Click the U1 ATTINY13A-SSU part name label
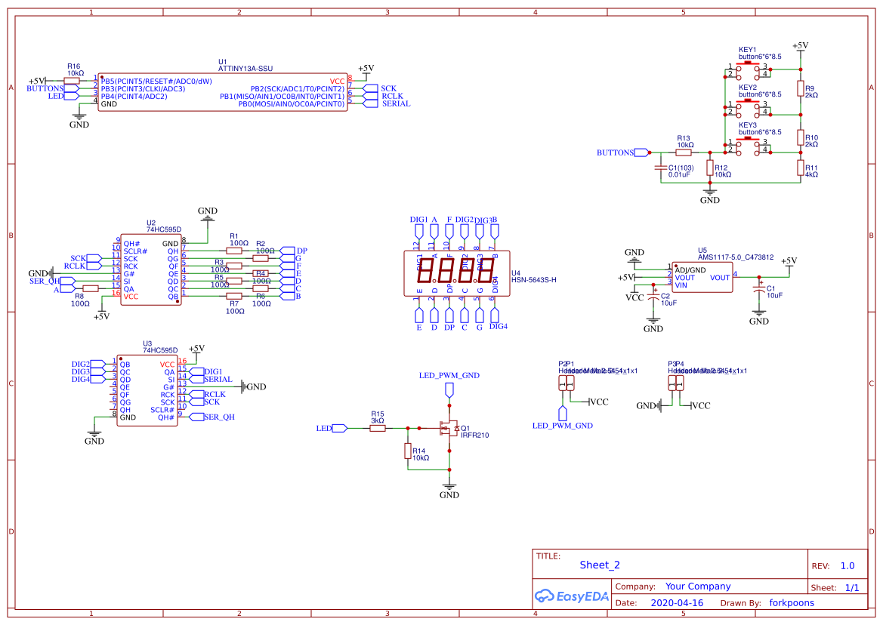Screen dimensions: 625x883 click(245, 68)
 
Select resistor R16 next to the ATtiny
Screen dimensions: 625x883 click(73, 81)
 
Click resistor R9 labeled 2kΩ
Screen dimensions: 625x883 click(800, 90)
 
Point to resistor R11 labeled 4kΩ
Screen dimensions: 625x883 click(800, 168)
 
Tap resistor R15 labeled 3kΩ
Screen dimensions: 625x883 click(378, 428)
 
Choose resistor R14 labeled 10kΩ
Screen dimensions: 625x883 click(408, 451)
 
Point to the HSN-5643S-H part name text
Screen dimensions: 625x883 click(534, 280)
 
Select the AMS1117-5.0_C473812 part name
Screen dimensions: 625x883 click(735, 257)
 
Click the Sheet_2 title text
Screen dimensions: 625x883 click(600, 565)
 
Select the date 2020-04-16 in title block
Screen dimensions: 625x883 click(676, 603)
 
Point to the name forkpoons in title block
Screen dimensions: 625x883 click(792, 603)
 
